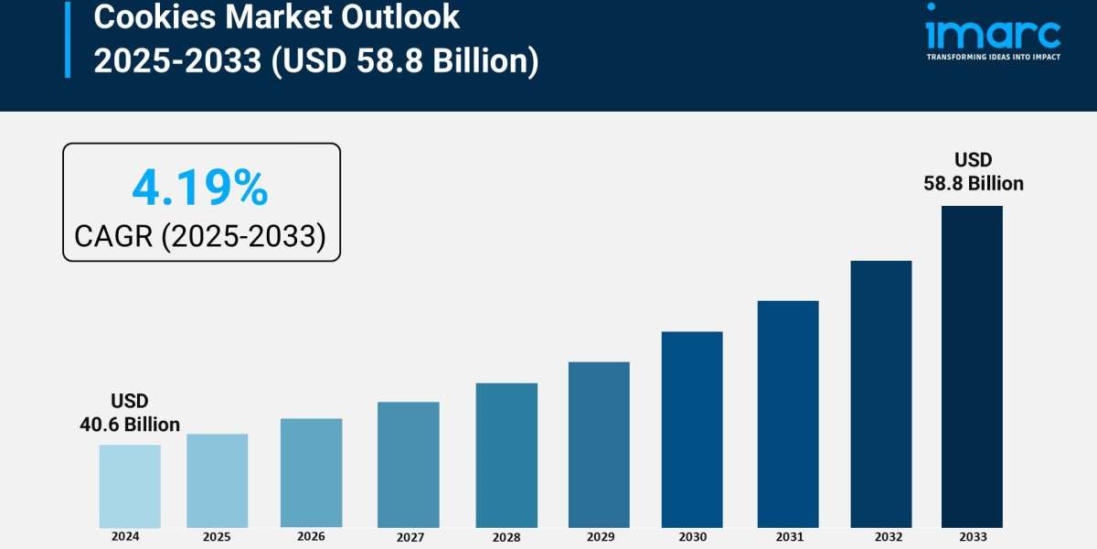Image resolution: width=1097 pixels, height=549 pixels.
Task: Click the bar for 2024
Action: click(130, 486)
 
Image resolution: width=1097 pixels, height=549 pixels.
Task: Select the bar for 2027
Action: click(408, 465)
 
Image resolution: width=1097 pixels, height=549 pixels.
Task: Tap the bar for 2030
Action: click(692, 429)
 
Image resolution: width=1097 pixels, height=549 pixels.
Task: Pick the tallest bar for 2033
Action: click(972, 366)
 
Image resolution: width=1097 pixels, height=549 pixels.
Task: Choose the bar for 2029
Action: click(599, 445)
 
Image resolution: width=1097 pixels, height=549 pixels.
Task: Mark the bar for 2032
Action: click(881, 393)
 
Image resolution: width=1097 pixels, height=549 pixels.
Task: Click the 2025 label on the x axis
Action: click(217, 537)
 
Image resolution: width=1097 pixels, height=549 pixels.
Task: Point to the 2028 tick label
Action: click(506, 537)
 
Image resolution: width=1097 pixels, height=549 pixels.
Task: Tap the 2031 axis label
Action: click(787, 537)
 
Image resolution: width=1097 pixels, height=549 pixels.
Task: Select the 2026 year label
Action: click(311, 537)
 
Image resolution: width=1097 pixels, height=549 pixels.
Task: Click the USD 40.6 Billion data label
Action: click(130, 413)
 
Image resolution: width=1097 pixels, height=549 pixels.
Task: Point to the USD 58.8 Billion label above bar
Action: click(973, 172)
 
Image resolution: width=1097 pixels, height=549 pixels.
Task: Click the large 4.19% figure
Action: click(200, 188)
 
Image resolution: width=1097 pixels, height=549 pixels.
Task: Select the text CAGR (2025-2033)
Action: click(200, 236)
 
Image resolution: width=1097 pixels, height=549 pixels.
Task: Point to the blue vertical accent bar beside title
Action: click(67, 38)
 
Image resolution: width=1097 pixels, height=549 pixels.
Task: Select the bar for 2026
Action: click(311, 473)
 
